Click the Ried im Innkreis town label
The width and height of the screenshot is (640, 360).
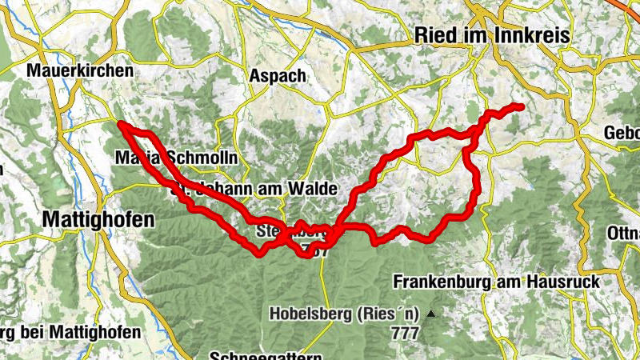(491, 36)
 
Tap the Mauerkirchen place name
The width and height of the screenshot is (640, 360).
(79, 71)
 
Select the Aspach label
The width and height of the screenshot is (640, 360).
(278, 75)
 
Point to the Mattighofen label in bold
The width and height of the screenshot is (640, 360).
(98, 218)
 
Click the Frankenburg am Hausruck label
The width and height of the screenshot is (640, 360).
(497, 282)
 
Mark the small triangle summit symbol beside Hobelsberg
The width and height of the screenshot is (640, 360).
(431, 313)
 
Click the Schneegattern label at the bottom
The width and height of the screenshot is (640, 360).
(266, 355)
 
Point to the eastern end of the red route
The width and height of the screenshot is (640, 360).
(521, 106)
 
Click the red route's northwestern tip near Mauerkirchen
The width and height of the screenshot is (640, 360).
(120, 124)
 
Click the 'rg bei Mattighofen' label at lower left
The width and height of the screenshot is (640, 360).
(70, 331)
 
